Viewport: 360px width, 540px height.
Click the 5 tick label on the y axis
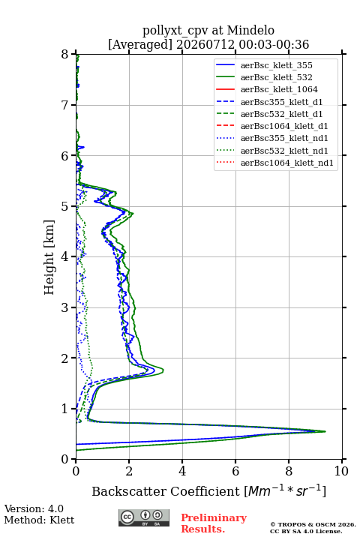(x=65, y=207)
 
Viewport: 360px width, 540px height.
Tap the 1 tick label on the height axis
(x=65, y=409)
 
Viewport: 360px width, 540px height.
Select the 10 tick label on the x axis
(x=341, y=471)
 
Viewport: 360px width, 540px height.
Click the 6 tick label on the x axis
(x=235, y=471)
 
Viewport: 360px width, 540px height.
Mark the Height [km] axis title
(x=49, y=257)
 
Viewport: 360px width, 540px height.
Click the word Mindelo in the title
(x=250, y=30)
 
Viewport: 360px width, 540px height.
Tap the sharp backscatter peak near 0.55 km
(x=325, y=431)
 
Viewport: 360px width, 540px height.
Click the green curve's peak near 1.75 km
(x=163, y=370)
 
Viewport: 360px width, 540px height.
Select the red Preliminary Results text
(x=214, y=523)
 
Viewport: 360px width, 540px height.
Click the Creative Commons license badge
(x=144, y=518)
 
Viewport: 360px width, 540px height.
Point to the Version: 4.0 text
(x=34, y=508)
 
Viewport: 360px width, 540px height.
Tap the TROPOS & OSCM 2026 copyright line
(x=313, y=524)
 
